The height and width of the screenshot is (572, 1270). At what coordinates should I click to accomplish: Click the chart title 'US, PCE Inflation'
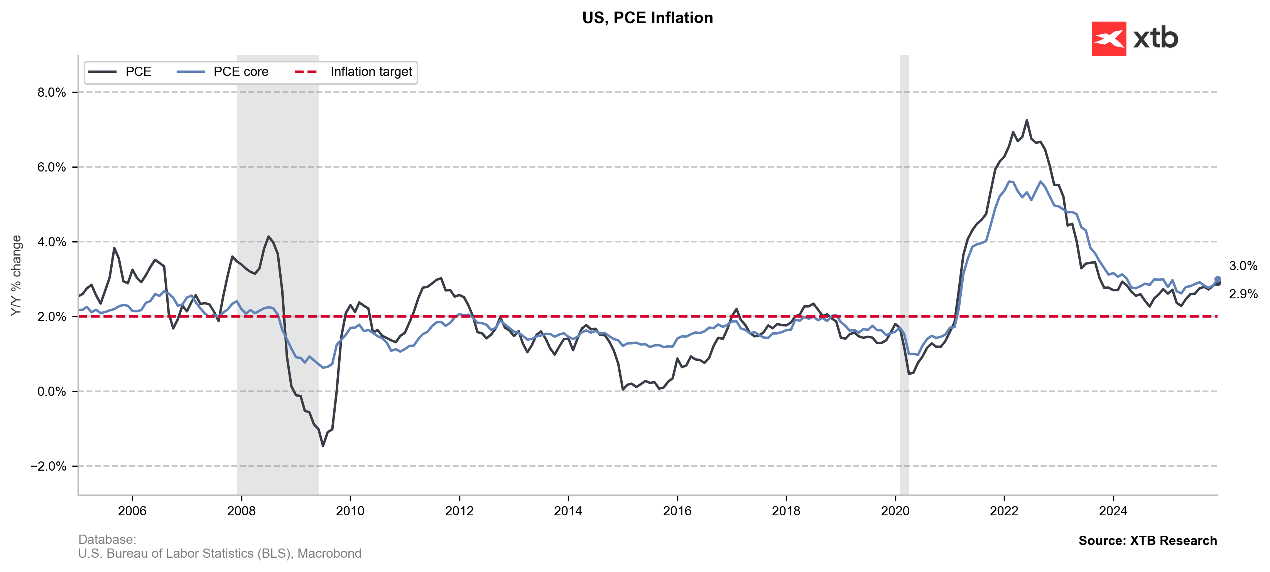(647, 18)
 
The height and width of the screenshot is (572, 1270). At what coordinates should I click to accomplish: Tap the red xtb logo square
(1108, 39)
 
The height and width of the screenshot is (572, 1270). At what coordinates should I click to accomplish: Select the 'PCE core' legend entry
(241, 72)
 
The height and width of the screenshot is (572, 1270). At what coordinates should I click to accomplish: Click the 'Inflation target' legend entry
(371, 72)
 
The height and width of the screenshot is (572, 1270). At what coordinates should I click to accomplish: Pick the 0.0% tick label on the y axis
(51, 392)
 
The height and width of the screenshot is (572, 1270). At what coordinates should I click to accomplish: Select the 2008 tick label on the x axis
(241, 511)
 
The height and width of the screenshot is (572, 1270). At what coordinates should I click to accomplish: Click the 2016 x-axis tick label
(677, 511)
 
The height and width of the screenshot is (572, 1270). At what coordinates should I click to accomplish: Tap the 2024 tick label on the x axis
(1113, 511)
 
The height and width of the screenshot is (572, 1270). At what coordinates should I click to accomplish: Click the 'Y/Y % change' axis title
(16, 276)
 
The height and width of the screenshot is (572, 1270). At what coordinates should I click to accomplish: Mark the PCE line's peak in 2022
(1027, 120)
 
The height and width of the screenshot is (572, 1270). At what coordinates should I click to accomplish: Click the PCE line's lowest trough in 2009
(323, 446)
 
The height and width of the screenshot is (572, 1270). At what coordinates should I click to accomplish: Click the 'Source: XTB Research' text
(1147, 540)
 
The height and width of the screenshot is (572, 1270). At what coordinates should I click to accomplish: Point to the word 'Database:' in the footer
(107, 540)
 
